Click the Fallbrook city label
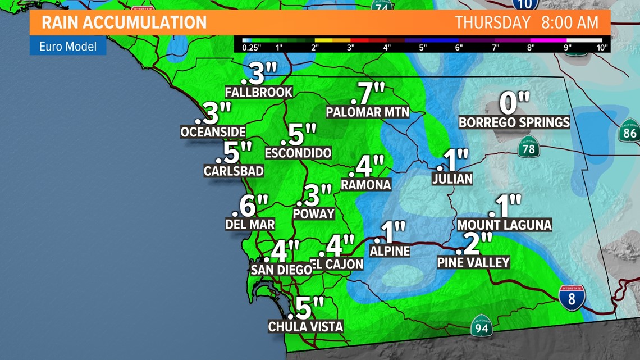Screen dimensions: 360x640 (258, 92)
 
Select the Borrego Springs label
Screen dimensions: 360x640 (514, 122)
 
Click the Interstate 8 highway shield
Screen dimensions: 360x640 (572, 298)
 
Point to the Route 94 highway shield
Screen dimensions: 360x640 (481, 326)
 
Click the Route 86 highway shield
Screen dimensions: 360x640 (629, 133)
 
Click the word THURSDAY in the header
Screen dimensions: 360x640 (492, 22)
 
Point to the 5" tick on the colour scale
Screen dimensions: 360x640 (423, 48)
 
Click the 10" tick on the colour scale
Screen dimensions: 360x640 (602, 48)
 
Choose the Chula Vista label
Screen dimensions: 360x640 (305, 326)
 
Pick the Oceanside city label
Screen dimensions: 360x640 (213, 132)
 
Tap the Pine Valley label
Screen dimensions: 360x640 (473, 262)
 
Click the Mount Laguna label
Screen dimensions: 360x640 (504, 225)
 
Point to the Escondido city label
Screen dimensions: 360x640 (298, 153)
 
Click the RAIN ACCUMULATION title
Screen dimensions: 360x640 (124, 22)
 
